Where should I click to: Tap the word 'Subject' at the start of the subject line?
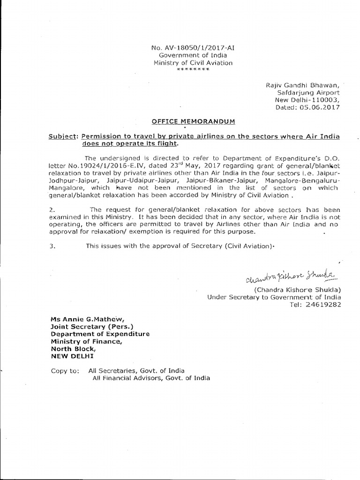(x=63, y=136)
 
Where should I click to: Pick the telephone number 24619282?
(x=323, y=305)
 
